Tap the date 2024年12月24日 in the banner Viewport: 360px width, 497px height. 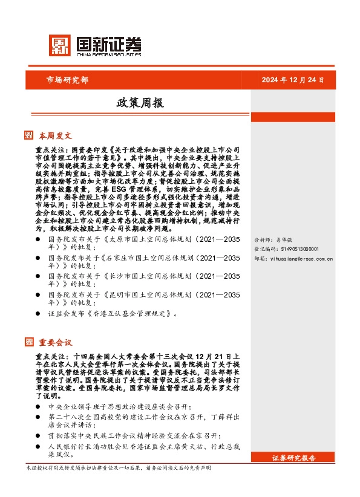click(293, 80)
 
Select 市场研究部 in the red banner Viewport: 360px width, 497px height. click(67, 80)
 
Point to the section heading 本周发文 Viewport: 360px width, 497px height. click(55, 135)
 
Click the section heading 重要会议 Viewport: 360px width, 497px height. click(55, 342)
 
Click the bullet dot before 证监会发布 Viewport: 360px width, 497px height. click(39, 314)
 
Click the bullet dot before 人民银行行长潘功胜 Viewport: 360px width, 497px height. click(39, 446)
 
